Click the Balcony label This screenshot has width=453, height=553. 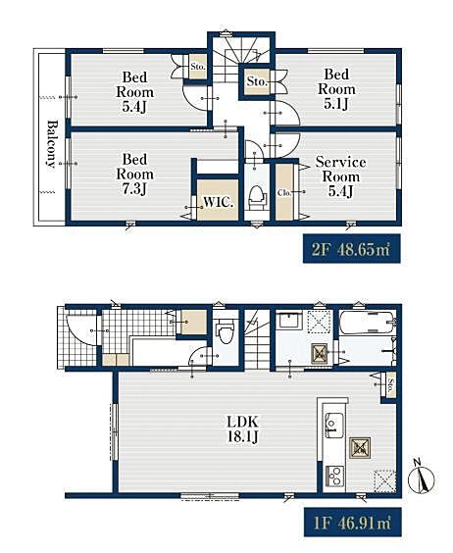point(52,144)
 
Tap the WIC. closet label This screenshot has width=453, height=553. point(218,202)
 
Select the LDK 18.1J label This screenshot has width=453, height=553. point(243,428)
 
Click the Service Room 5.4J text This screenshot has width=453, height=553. point(340,176)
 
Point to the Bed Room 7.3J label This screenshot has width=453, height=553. point(134,174)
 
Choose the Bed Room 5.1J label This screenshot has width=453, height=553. point(336,89)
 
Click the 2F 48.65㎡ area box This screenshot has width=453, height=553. point(352,249)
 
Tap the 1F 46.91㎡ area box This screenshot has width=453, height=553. point(352,522)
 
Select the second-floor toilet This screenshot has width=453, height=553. point(257,197)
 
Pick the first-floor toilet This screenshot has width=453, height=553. point(226,330)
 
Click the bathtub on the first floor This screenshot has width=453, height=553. point(367,323)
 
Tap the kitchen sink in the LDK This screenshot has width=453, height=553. point(334,425)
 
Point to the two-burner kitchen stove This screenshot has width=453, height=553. point(333,476)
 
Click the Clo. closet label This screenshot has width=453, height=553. point(284,193)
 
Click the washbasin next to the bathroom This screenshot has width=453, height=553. point(289,321)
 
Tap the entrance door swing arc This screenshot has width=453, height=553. point(83,331)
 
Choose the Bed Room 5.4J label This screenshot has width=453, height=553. point(134,92)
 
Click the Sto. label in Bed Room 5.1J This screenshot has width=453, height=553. point(257,81)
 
